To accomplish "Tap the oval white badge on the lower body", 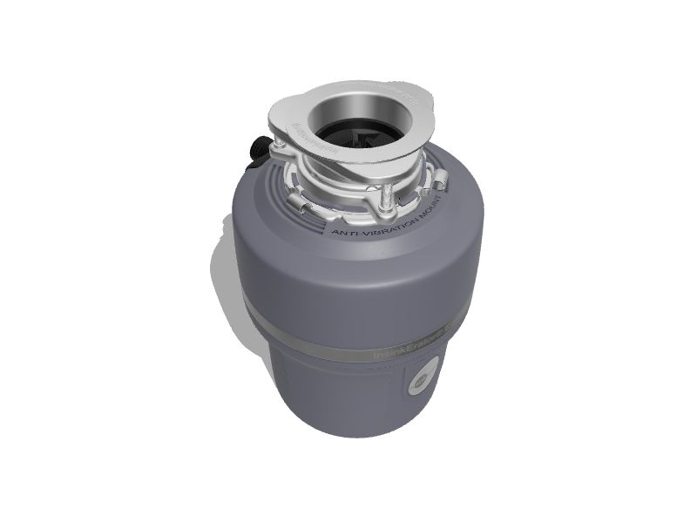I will click(421, 381).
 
